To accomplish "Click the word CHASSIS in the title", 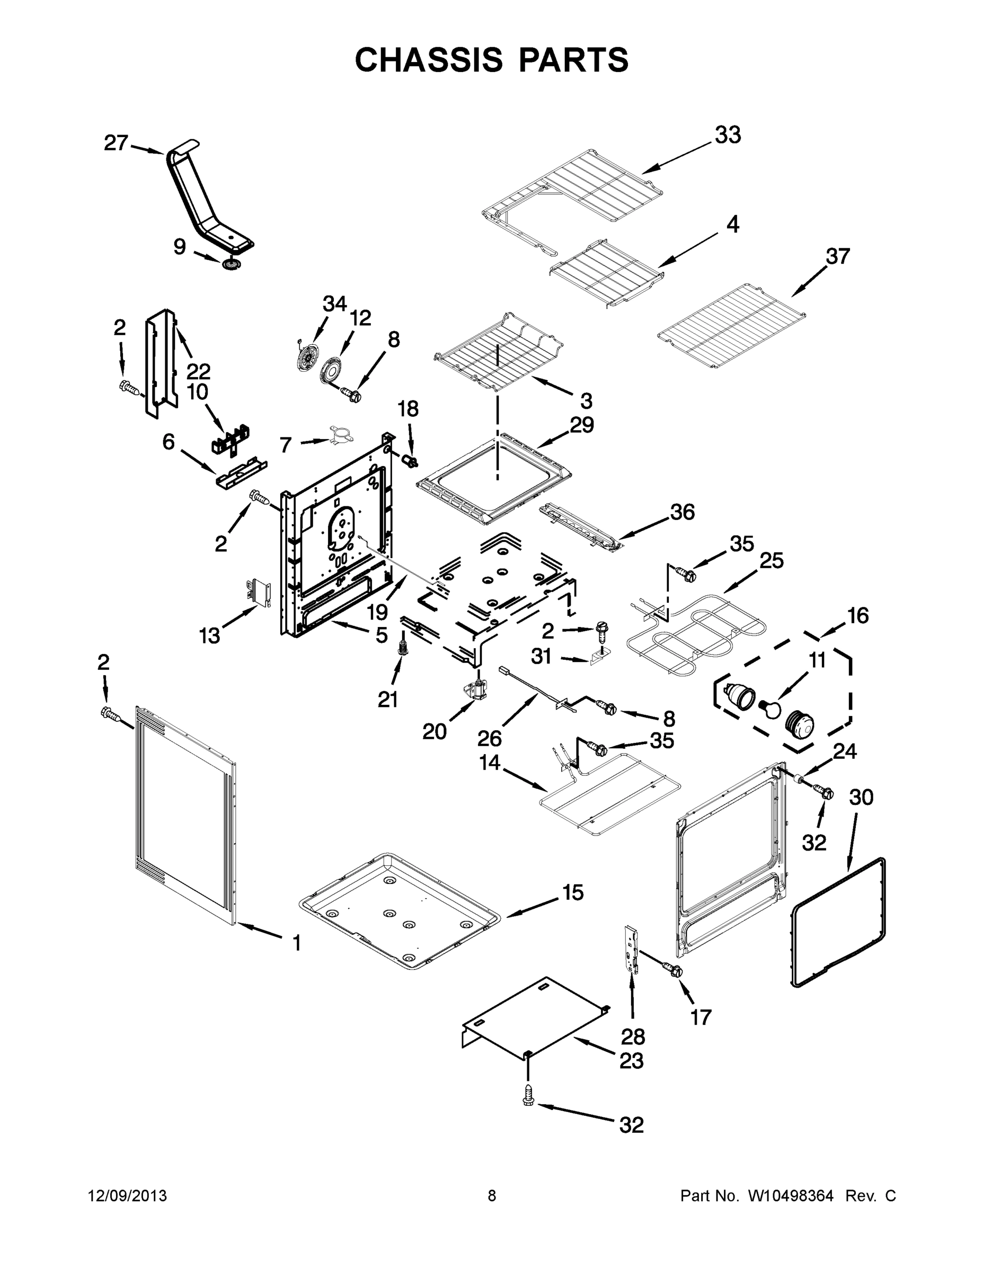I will pyautogui.click(x=429, y=59).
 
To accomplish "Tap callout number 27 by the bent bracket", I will pyautogui.click(x=116, y=142).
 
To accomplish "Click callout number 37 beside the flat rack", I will pyautogui.click(x=837, y=256).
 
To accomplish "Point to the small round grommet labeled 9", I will pyautogui.click(x=232, y=265).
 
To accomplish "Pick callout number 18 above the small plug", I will pyautogui.click(x=408, y=409).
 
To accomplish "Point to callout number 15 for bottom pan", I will pyautogui.click(x=572, y=893).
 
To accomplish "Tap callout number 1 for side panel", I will pyautogui.click(x=296, y=942).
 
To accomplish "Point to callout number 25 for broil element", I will pyautogui.click(x=772, y=560).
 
